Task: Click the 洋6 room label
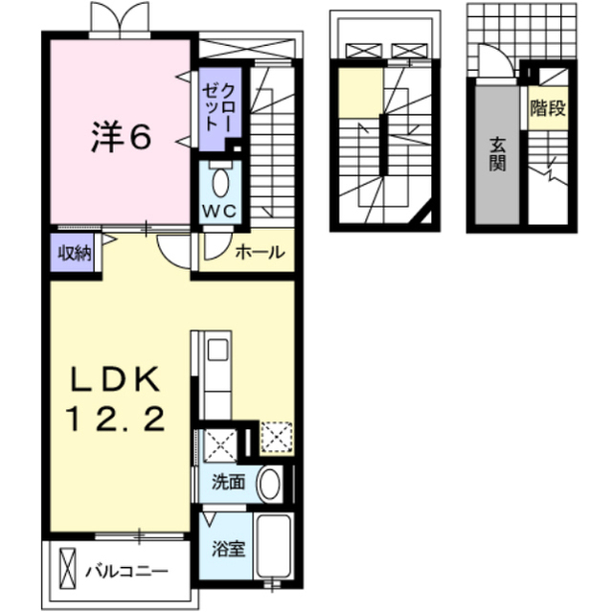[x=122, y=136]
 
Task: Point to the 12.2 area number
[x=116, y=419]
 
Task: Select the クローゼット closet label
[x=217, y=107]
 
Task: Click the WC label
[x=219, y=212]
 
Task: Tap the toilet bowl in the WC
[x=220, y=183]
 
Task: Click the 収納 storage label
[x=75, y=254]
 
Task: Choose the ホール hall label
[x=260, y=253]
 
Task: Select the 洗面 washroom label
[x=228, y=483]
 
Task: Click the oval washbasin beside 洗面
[x=270, y=483]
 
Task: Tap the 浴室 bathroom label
[x=229, y=549]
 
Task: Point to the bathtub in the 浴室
[x=274, y=545]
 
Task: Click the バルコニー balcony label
[x=126, y=572]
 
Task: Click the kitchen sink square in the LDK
[x=217, y=350]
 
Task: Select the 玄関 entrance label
[x=497, y=155]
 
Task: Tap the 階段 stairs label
[x=548, y=108]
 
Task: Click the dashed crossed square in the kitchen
[x=277, y=438]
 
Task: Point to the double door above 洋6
[x=120, y=19]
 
